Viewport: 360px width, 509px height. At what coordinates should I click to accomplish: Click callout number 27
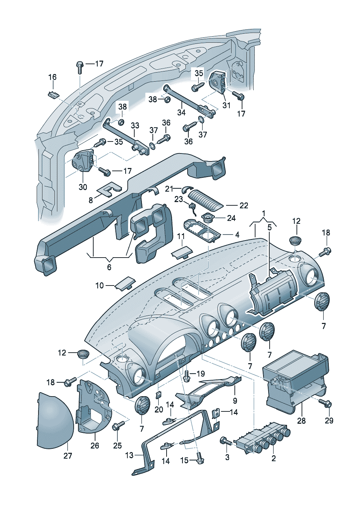(68, 456)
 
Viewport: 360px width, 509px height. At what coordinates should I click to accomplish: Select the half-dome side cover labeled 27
(54, 421)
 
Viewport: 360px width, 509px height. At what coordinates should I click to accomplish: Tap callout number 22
(244, 205)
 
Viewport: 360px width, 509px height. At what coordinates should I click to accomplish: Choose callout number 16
(52, 77)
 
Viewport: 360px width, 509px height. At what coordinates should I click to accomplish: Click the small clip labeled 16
(53, 95)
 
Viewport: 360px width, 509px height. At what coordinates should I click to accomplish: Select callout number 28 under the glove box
(301, 420)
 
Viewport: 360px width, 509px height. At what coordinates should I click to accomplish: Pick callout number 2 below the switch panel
(273, 458)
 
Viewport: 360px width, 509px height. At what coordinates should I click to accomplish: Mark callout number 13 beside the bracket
(129, 455)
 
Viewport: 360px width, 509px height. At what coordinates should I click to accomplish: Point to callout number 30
(83, 187)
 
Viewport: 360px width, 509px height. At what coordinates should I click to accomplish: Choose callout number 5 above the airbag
(269, 227)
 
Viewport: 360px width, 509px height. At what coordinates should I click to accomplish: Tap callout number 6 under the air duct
(109, 267)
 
